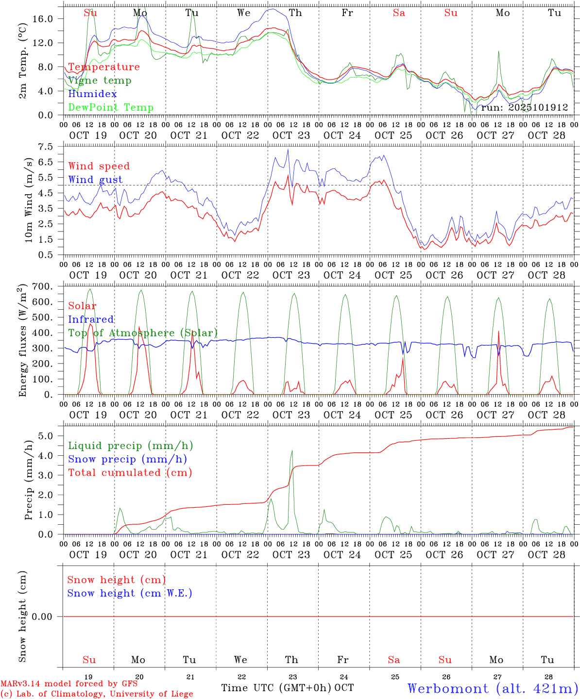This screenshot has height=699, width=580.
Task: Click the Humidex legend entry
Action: [92, 94]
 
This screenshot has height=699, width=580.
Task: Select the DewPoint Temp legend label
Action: [111, 107]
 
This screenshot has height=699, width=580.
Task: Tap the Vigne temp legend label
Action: [100, 80]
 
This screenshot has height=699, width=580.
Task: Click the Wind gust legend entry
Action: [95, 180]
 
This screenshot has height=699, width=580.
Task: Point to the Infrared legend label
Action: [91, 319]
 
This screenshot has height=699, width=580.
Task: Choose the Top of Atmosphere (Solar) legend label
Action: [143, 333]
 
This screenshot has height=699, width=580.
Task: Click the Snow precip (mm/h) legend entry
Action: [127, 459]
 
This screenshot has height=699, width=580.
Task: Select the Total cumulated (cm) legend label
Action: [130, 472]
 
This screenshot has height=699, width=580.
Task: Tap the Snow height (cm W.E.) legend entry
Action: [130, 593]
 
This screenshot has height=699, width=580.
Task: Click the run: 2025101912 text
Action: [525, 107]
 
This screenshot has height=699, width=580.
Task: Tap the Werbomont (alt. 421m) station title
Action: [493, 688]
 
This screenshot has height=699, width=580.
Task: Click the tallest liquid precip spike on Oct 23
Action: [292, 451]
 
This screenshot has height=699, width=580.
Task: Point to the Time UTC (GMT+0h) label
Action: [276, 688]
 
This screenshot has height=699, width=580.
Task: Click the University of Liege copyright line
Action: [97, 694]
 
